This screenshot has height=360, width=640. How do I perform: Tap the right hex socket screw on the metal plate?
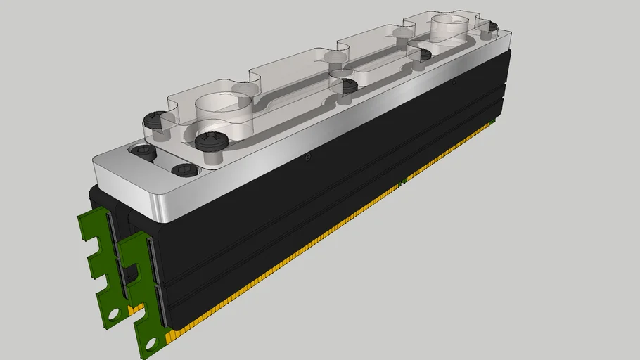coord(182,169)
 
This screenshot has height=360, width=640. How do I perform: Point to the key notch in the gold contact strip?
coord(402,183)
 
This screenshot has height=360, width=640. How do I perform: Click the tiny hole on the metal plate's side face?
coord(307,159)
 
